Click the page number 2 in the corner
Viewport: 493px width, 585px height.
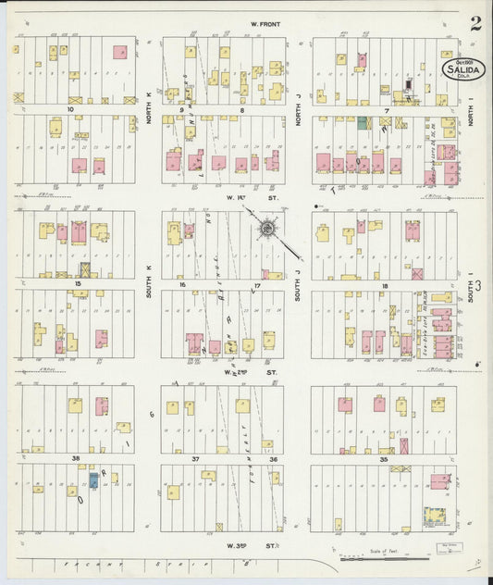point(475,24)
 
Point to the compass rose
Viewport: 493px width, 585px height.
point(266,227)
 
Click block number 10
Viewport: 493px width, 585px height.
point(70,109)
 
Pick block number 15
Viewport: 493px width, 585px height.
point(79,284)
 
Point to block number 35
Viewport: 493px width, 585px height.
point(383,458)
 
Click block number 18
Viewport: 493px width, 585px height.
point(383,285)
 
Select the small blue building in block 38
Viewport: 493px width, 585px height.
point(93,480)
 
